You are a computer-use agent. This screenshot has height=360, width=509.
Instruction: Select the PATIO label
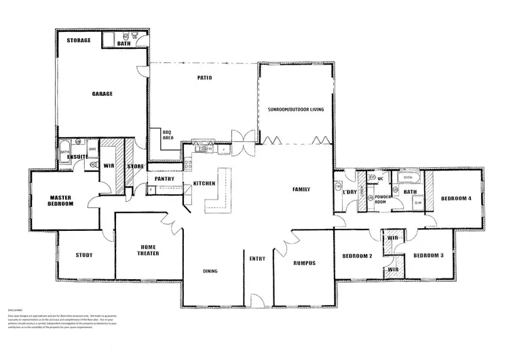[x=204, y=78]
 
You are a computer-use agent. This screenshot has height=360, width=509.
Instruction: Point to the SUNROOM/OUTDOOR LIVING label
[x=297, y=109]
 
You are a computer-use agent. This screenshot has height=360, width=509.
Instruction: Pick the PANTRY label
[x=165, y=179]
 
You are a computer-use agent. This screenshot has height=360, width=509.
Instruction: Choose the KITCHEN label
[x=205, y=184]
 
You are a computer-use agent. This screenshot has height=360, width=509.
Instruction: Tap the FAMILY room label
[x=301, y=189]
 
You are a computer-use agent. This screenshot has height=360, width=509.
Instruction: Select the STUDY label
[x=84, y=255]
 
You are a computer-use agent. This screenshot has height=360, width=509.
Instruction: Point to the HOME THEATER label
[x=149, y=251]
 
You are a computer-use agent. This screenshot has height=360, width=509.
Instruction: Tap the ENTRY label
[x=257, y=259]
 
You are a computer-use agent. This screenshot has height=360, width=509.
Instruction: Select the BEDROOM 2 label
[x=358, y=256]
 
